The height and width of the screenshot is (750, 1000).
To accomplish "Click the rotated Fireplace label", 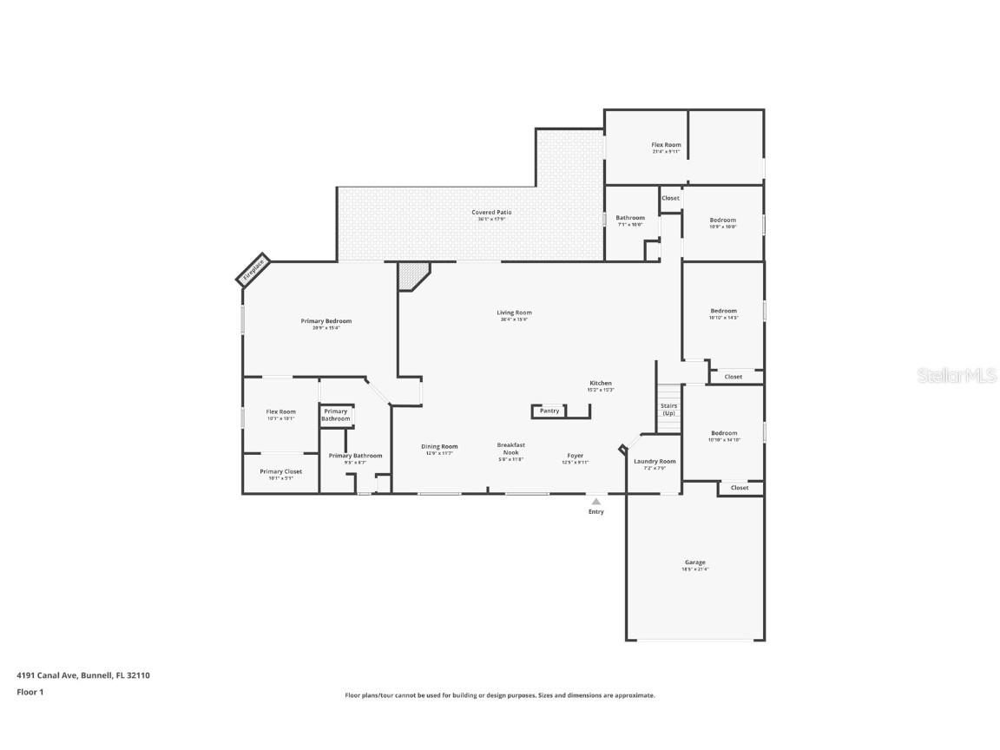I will coord(253,270).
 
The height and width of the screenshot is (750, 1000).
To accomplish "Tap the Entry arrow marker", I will coord(595,502).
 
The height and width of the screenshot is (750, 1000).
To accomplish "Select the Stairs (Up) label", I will coord(668,409).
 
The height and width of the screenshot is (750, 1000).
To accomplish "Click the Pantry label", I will coord(549,411).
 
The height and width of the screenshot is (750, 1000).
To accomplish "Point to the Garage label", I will coord(694,562).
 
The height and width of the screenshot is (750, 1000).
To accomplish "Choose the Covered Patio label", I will coord(491,213).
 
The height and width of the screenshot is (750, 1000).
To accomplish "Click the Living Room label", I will coord(514,312).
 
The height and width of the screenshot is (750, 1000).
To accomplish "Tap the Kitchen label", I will coord(601,383).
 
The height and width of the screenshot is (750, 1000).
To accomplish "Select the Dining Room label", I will coord(439,446).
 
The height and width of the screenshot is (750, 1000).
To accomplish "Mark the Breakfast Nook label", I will coord(510,449).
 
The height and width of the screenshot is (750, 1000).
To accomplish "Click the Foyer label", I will coord(576,456).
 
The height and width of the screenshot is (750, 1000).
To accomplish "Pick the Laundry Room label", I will coord(655,462).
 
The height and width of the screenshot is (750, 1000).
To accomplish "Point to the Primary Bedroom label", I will coord(326,321).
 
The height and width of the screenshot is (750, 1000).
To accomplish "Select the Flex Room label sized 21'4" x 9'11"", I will coord(666,145).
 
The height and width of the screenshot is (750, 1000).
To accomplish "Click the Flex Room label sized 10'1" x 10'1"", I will coord(280,411).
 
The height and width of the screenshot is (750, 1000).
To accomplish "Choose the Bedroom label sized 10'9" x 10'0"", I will coord(723,220).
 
